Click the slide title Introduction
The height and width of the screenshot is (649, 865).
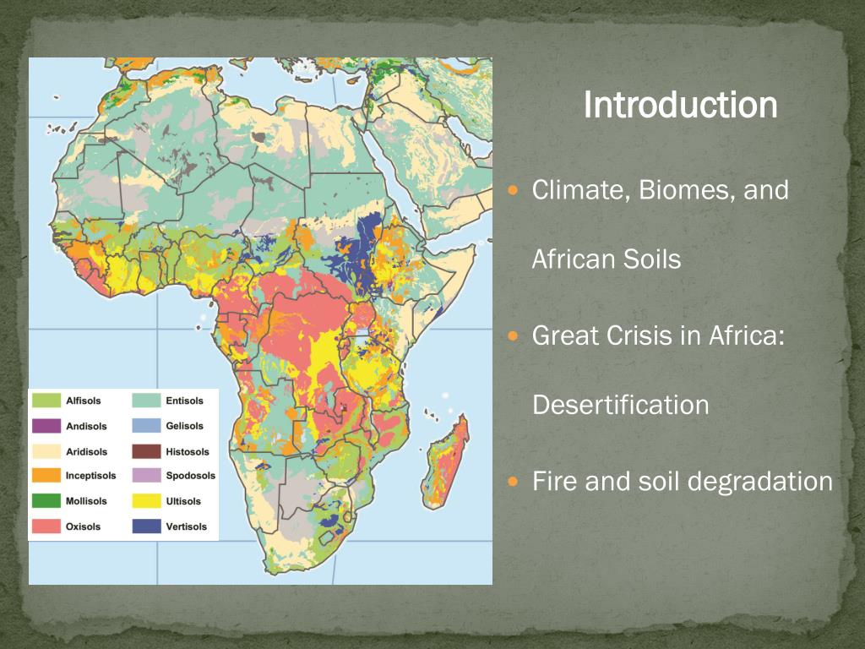[680, 106]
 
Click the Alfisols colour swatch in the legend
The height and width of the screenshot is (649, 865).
[46, 401]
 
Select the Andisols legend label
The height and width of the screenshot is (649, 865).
[86, 426]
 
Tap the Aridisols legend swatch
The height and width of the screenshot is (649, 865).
[46, 451]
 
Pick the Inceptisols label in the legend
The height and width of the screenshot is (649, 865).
[90, 476]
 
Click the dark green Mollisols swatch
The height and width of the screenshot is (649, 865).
[46, 501]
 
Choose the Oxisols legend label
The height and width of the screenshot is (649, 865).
[83, 526]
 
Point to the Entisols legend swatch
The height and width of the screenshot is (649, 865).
[147, 401]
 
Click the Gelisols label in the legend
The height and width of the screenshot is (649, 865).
[184, 426]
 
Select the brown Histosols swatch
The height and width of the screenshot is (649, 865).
[147, 451]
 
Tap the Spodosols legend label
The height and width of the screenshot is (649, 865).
[190, 476]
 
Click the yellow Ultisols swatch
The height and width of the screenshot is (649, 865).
[147, 501]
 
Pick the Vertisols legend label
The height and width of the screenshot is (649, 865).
[186, 526]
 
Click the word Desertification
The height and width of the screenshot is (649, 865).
[620, 405]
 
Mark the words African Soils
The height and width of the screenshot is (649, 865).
[606, 259]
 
